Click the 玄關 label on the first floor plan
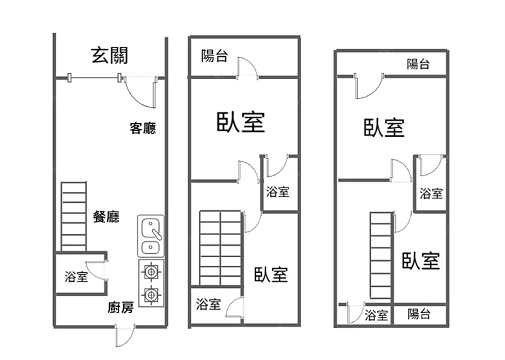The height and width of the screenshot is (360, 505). (110, 56)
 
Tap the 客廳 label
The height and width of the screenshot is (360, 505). (143, 129)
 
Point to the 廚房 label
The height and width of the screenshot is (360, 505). (120, 308)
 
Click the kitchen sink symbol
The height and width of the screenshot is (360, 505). (151, 236)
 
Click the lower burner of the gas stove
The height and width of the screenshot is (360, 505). (151, 294)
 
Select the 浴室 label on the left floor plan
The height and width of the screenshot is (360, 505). (76, 277)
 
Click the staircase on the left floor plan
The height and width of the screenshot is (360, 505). (73, 217)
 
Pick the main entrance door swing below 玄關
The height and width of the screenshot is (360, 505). (140, 92)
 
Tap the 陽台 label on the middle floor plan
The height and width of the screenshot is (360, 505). (215, 56)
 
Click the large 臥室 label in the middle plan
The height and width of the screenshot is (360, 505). (240, 122)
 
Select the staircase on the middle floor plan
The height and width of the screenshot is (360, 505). (220, 248)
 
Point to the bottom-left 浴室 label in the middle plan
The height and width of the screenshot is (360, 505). (208, 304)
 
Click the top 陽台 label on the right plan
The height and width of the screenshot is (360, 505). (418, 63)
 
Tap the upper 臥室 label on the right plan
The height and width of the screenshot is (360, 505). (384, 128)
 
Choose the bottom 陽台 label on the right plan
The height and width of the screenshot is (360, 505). (419, 314)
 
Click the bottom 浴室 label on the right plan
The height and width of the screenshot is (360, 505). (377, 315)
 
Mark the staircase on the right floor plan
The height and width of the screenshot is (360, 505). (382, 256)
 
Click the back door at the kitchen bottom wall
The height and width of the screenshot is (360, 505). (125, 335)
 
